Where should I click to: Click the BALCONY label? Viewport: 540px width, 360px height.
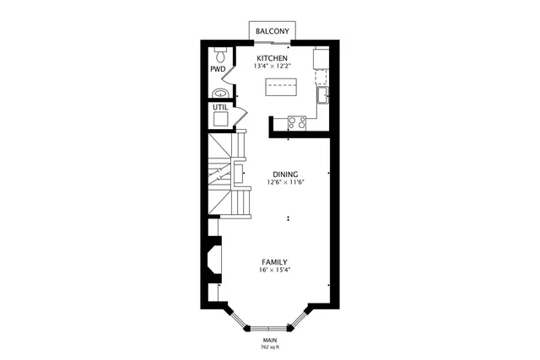pos(272,31)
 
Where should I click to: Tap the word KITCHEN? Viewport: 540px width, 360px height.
pos(272,58)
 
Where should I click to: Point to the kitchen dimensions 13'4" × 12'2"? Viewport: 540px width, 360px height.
pos(272,67)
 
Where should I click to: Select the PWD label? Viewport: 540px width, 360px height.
pos(217,70)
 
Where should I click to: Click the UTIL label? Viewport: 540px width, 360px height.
pos(219,108)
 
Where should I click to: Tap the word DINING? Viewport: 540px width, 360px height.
pos(285,175)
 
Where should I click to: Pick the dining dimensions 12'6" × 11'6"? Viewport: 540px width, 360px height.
pos(285,183)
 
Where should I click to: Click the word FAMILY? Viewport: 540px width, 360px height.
pos(274,261)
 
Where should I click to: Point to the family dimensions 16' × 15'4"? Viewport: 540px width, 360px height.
pos(274,270)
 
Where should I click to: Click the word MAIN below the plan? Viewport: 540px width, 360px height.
pos(269,341)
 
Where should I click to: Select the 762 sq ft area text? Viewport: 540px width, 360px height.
pos(269,347)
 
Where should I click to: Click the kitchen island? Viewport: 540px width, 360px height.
pos(283,87)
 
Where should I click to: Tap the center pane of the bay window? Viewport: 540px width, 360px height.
pos(269,325)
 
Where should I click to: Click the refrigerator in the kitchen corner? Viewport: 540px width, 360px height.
pos(322,58)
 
